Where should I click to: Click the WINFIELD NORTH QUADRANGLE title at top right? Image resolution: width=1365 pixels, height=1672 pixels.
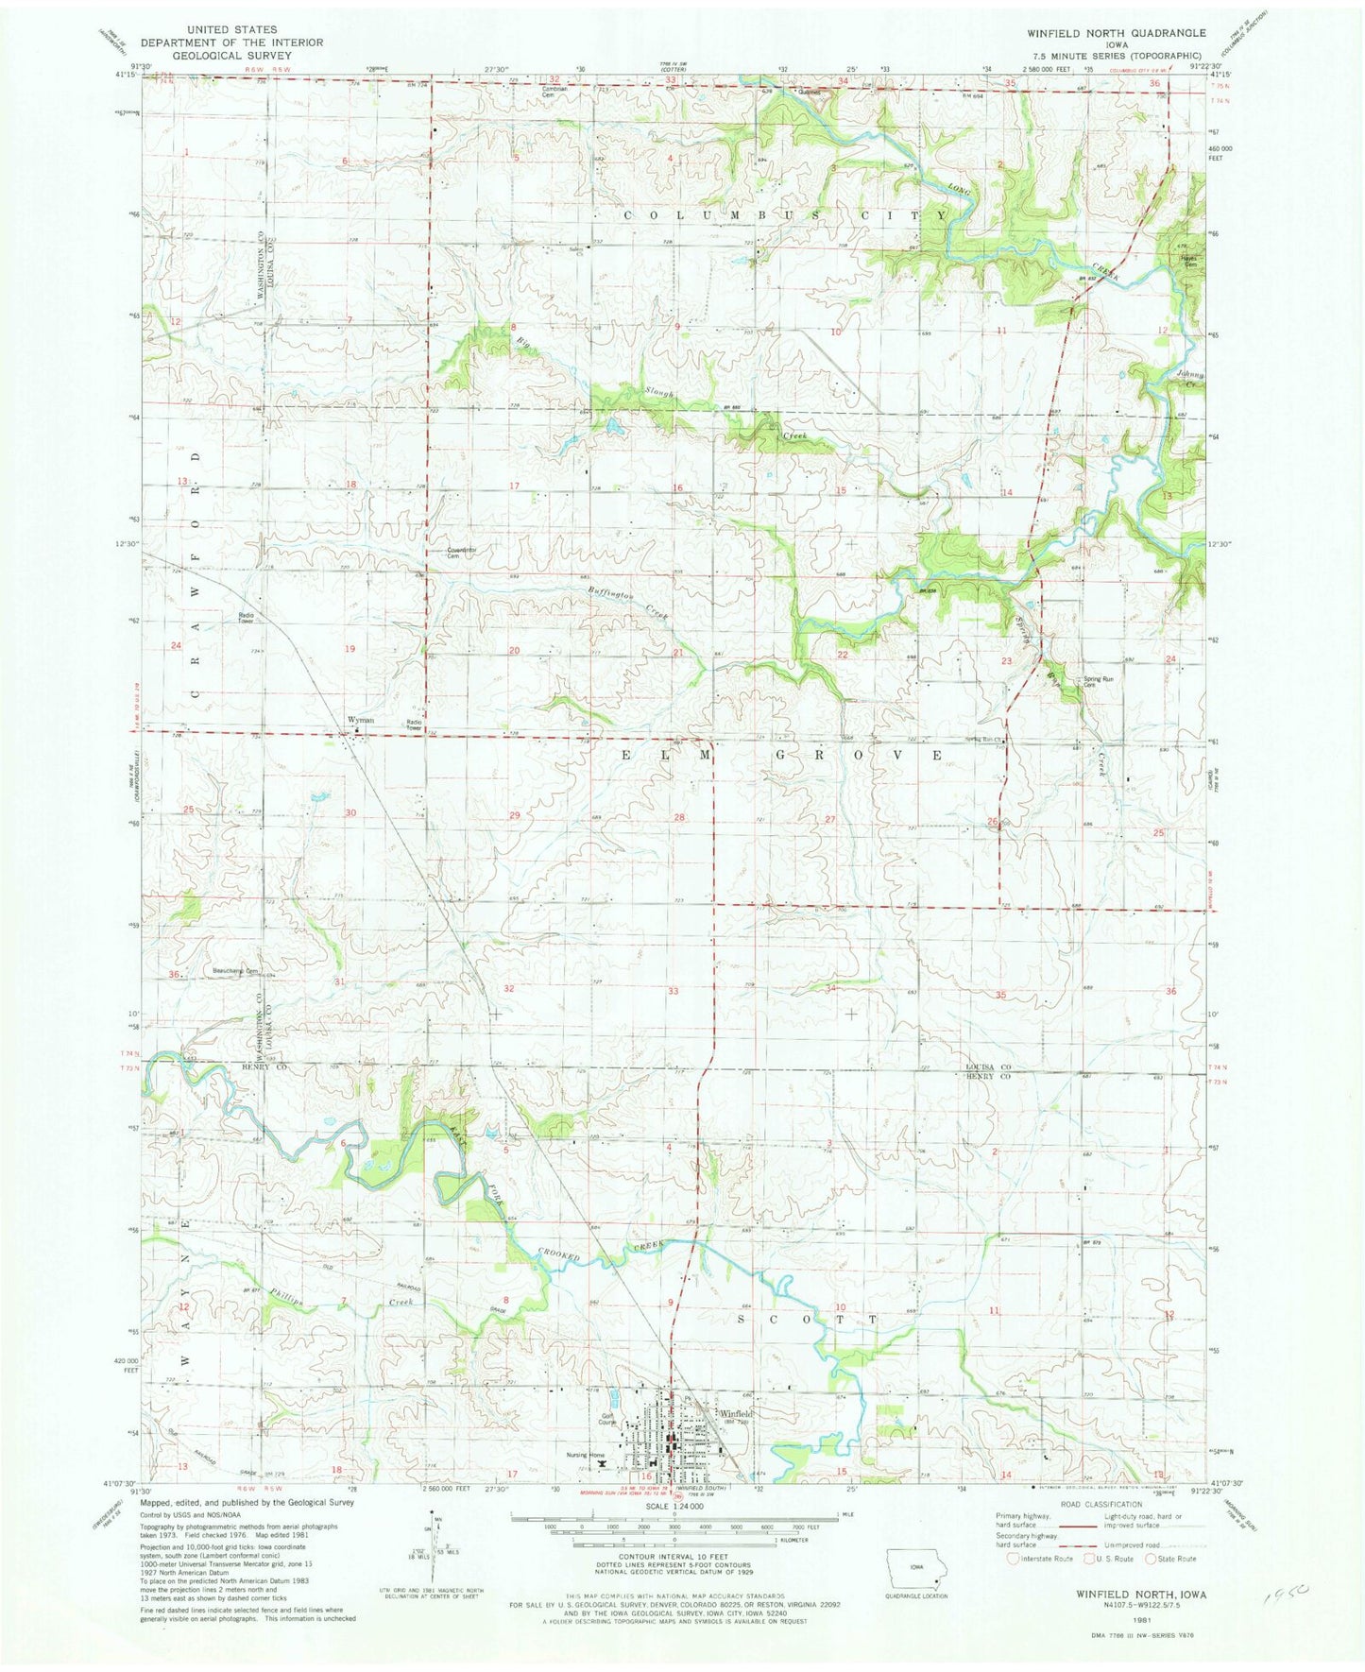(x=1116, y=32)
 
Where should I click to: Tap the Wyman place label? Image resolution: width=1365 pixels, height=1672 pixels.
(x=360, y=720)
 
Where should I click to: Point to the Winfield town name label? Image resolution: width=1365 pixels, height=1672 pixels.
(x=737, y=1413)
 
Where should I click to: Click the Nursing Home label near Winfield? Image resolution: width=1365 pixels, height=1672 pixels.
(x=585, y=1455)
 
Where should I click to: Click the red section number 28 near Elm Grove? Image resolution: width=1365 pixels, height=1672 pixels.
(x=678, y=816)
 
